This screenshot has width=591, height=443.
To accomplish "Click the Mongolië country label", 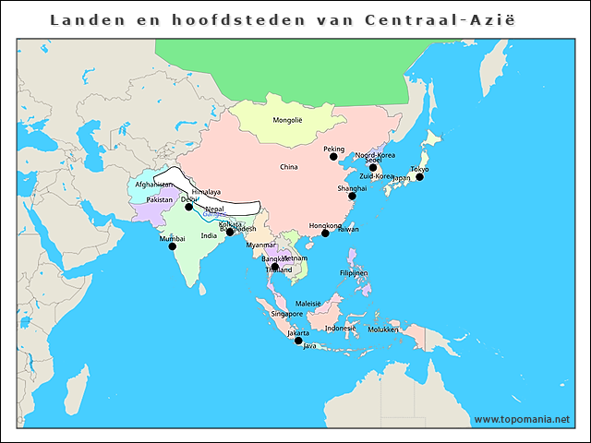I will (x=287, y=121).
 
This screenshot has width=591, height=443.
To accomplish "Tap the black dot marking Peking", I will (x=333, y=157).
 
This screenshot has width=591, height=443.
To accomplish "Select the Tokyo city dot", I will (x=419, y=176).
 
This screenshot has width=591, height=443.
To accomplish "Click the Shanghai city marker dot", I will (x=352, y=196).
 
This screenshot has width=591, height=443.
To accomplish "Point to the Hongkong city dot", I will (x=325, y=233).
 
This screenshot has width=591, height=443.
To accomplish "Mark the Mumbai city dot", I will (x=172, y=246).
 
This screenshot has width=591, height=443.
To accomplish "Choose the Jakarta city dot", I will (x=298, y=341).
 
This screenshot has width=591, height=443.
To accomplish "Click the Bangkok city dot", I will (x=274, y=267).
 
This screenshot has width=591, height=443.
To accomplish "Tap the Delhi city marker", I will (x=188, y=207).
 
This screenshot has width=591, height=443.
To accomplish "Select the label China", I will (x=289, y=167).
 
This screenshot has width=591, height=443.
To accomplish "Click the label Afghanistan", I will (x=154, y=185).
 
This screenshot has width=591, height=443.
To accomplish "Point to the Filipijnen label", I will (x=355, y=273).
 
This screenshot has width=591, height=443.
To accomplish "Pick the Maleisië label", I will (x=308, y=304).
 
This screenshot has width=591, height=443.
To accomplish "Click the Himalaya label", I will (x=206, y=192).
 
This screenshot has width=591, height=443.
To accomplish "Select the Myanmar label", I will (x=260, y=245).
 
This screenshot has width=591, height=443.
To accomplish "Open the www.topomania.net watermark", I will (x=522, y=419).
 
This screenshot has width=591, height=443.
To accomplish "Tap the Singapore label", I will (x=287, y=314).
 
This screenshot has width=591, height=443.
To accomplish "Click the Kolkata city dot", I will (x=230, y=232).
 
